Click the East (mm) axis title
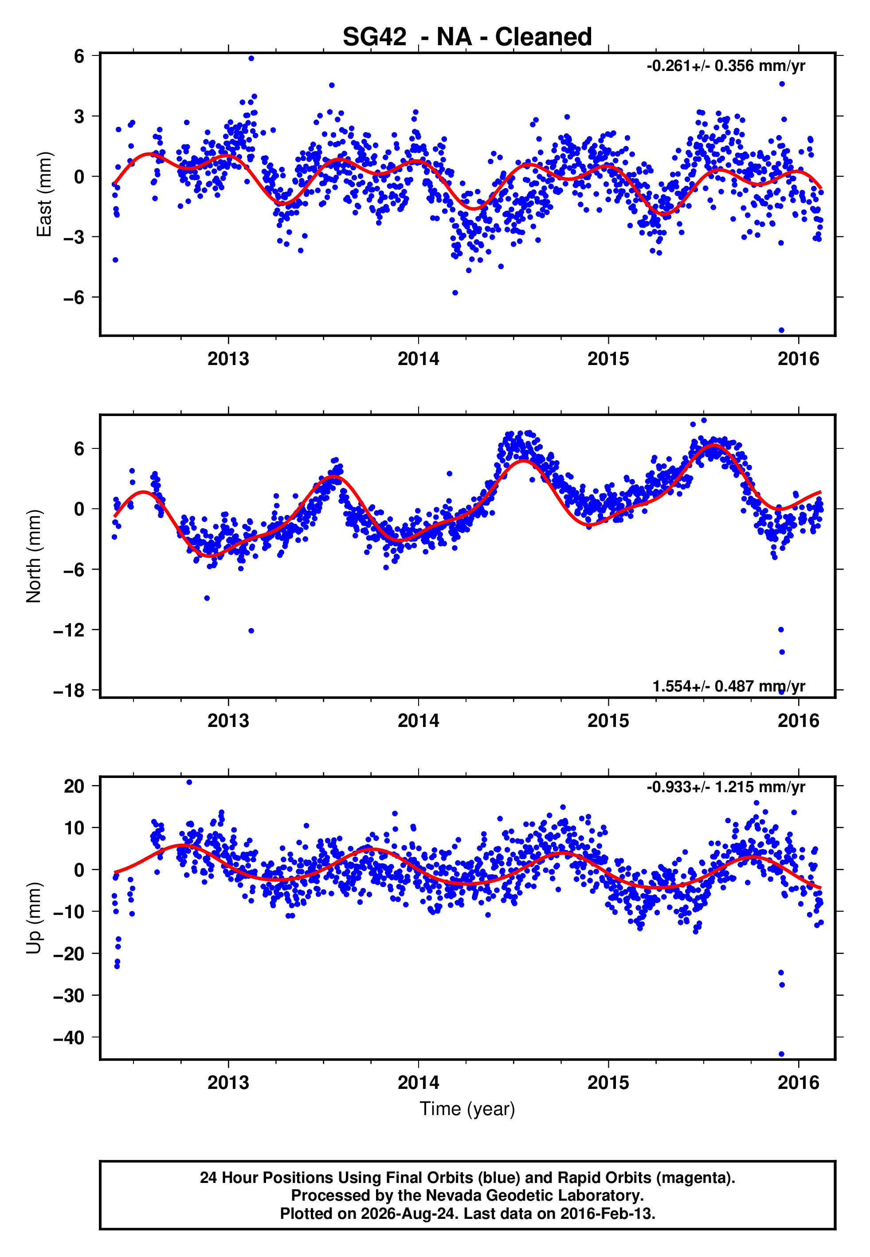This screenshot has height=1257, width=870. coord(43,195)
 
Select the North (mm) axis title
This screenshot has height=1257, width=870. coord(33,556)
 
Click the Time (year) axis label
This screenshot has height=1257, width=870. coord(467,1109)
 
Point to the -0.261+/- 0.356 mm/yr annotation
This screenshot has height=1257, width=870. coord(725,66)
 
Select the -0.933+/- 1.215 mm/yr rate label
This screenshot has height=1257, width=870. coord(725,787)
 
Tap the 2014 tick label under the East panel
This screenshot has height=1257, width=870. coord(418,359)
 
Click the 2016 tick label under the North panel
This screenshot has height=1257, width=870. coord(798,721)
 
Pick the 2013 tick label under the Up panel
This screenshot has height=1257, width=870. coord(228,1083)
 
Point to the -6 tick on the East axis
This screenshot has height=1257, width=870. coord(74,297)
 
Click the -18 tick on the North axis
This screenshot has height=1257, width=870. coord(69,690)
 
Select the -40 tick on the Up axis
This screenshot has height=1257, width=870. coord(69,1038)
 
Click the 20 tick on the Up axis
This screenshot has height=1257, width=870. coord(74,786)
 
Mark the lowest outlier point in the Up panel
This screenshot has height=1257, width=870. coord(781,1054)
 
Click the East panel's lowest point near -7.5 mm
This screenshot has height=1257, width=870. coord(781,330)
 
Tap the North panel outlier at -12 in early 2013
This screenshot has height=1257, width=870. coord(251,631)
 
